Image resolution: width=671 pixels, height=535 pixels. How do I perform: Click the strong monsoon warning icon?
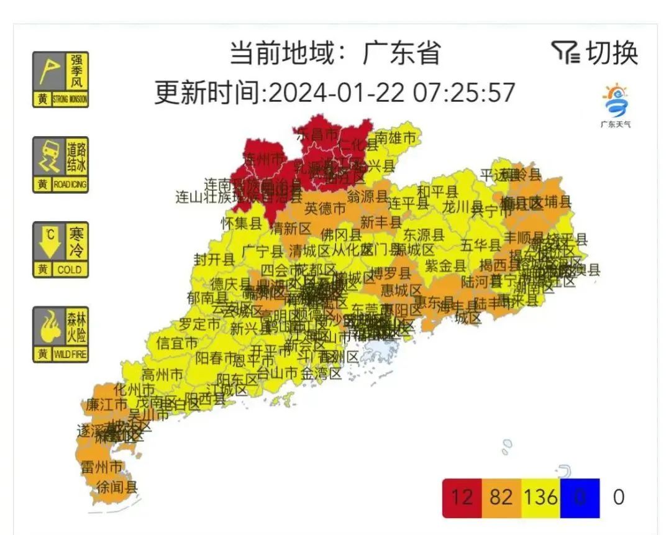tap(60, 80)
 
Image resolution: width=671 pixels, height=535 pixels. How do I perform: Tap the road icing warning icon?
tap(60, 165)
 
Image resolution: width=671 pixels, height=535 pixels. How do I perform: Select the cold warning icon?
tap(60, 249)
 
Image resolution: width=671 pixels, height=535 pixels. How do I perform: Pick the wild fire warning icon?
tap(60, 334)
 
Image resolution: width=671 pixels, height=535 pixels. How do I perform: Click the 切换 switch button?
tap(595, 53)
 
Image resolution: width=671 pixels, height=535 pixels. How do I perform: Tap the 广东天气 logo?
tap(615, 106)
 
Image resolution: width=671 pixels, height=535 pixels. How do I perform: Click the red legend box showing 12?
tap(462, 498)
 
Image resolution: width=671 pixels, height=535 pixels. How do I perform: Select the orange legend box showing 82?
tap(501, 498)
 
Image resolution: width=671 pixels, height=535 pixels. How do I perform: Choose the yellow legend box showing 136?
tap(540, 498)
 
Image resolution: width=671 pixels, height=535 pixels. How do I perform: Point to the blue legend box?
tap(579, 498)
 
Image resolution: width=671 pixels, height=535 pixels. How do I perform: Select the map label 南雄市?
tap(395, 137)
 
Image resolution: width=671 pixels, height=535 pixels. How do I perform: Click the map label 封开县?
tap(214, 260)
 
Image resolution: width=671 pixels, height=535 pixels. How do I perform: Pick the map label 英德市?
tap(324, 208)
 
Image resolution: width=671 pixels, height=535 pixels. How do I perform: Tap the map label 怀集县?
tap(241, 223)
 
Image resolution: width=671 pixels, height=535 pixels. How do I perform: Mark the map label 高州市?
tap(162, 375)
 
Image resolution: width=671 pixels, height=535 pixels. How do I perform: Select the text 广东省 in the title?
tap(402, 53)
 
